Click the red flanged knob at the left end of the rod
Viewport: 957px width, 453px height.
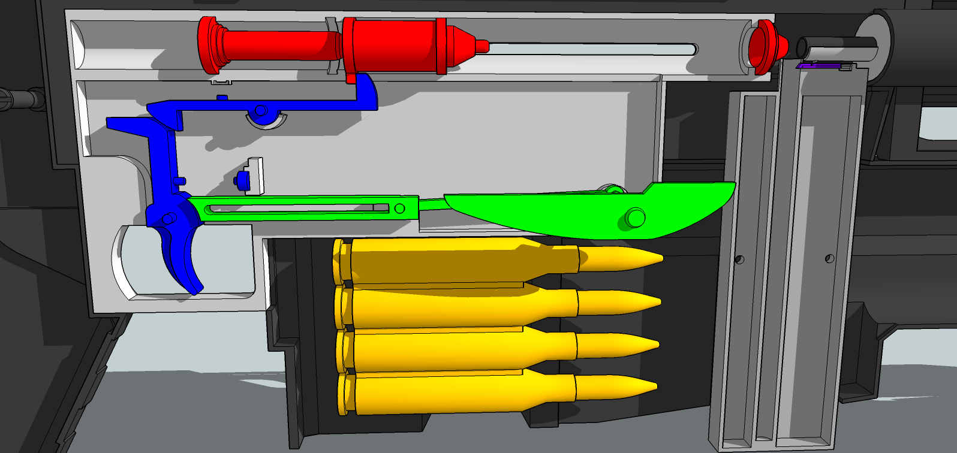tap(209, 44)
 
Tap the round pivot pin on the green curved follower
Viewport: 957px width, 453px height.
tap(635, 217)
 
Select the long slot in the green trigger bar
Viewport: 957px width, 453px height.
tap(294, 209)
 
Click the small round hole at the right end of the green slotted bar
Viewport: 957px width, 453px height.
tap(399, 209)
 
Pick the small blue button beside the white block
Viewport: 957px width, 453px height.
tap(243, 179)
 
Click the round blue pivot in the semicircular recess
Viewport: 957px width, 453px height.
tap(261, 111)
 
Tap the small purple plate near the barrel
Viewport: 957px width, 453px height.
tap(818, 65)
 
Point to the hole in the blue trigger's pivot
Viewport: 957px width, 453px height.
tap(168, 219)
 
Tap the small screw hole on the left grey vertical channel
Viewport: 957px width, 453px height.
tap(739, 259)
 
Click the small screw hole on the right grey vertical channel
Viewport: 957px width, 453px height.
tap(830, 259)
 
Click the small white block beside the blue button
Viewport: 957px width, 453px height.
tap(257, 176)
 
